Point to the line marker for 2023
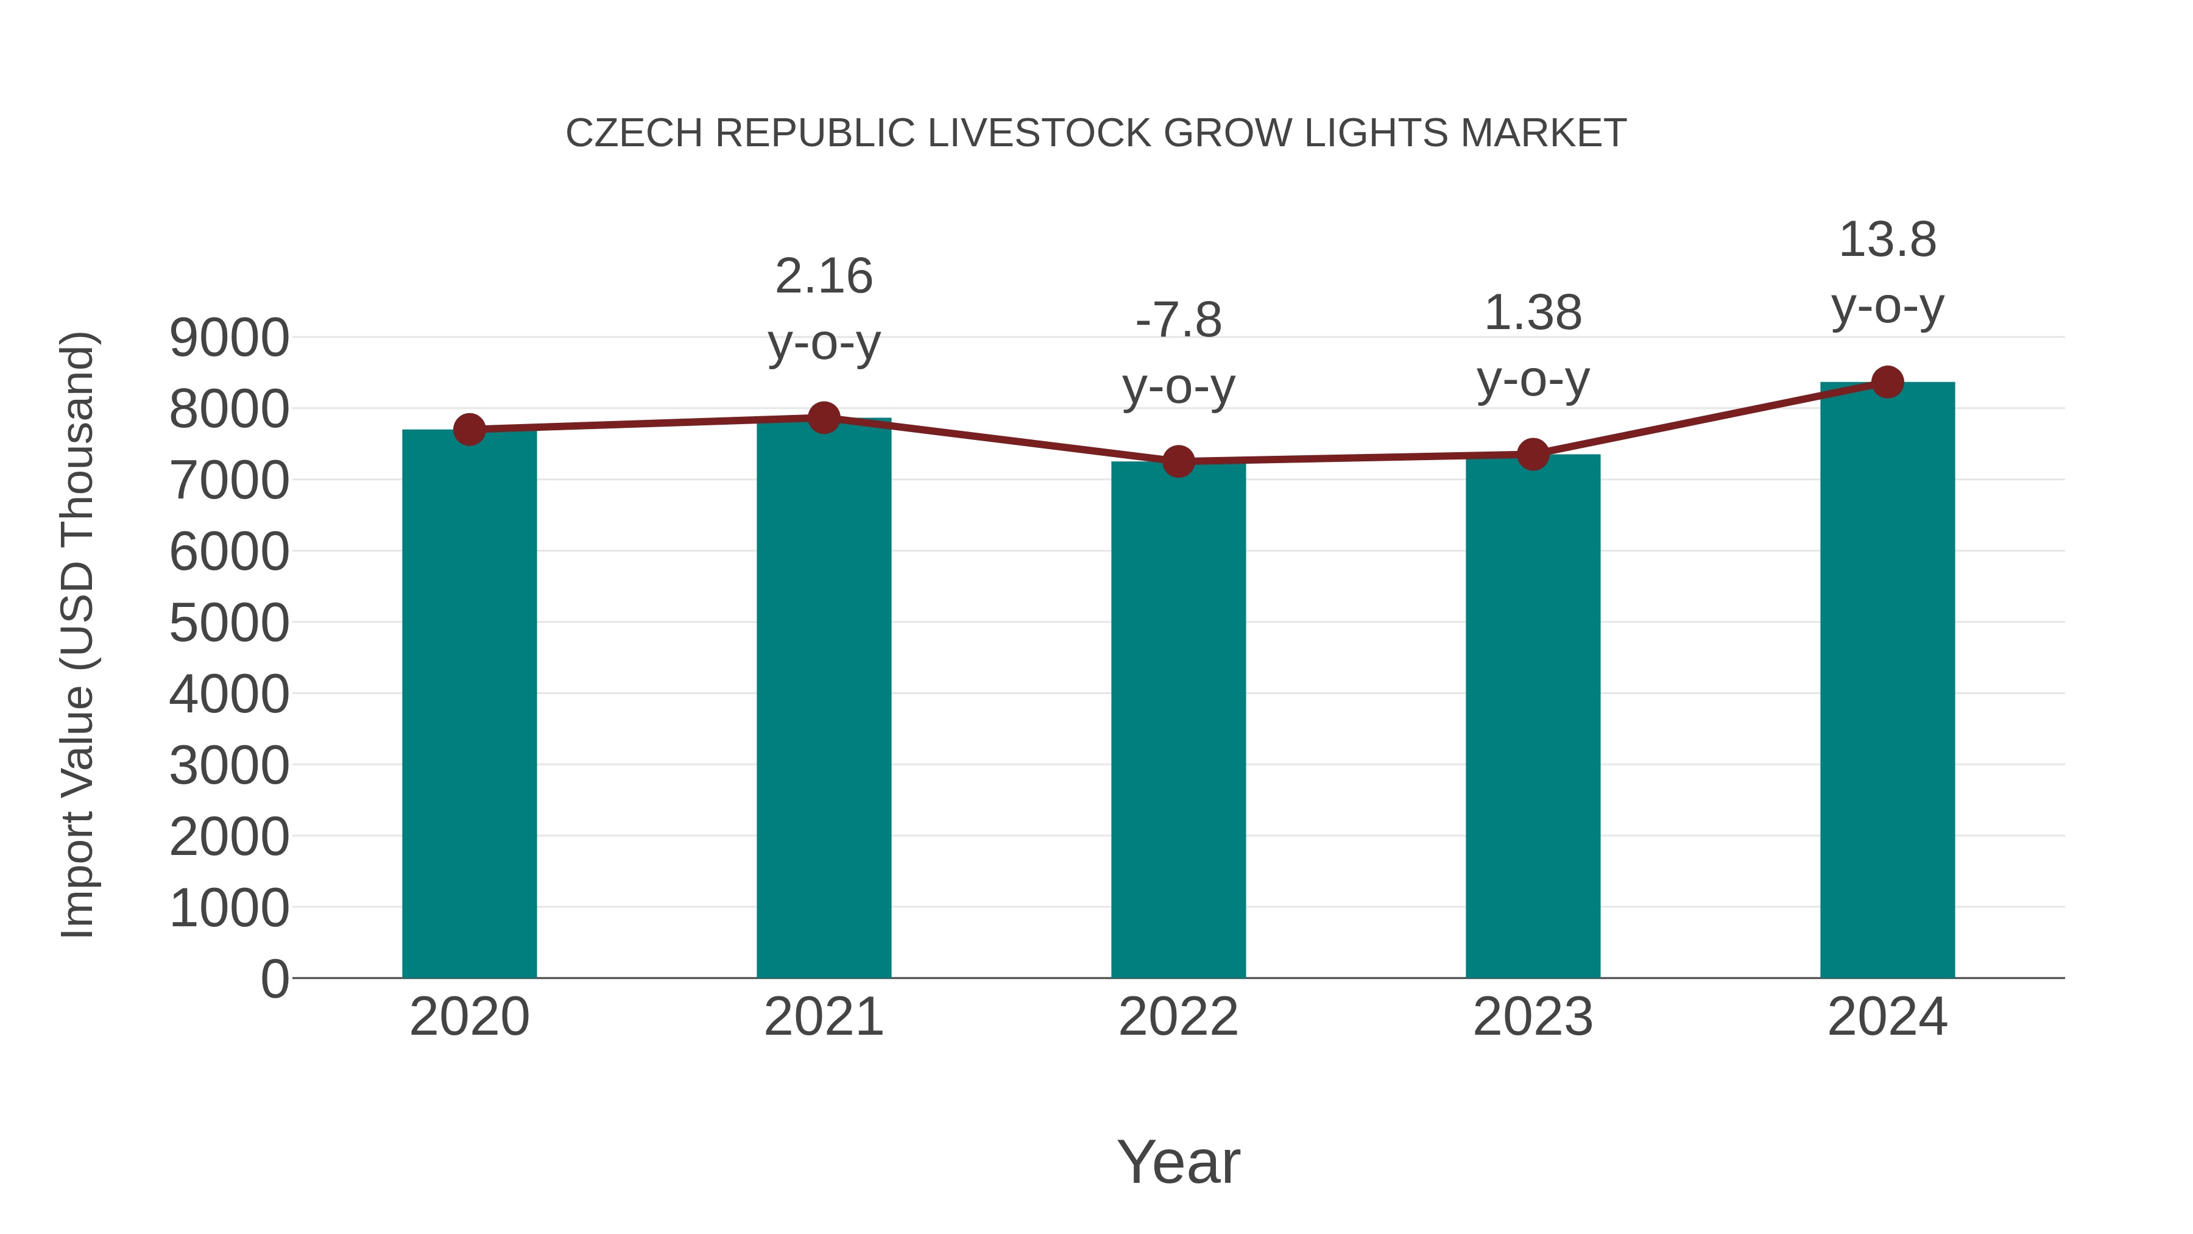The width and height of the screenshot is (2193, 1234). (1533, 455)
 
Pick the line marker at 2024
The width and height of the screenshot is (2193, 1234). (1887, 382)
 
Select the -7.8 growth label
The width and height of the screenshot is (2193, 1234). (1178, 321)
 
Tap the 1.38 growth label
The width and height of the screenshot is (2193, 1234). (1533, 313)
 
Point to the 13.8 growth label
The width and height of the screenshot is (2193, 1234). (1887, 240)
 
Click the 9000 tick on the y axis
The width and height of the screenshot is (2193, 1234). (229, 338)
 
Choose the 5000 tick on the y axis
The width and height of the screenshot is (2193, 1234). (229, 623)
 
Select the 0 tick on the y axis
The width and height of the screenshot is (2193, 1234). (274, 979)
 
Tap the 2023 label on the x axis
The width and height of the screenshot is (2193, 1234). (1533, 1017)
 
